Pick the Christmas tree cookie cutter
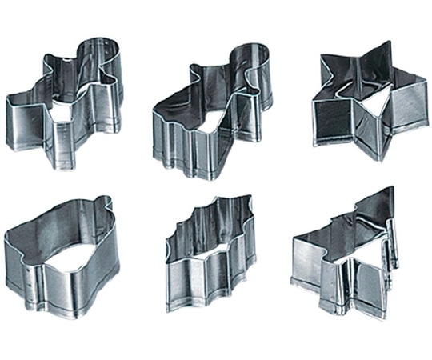click(348, 256)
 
